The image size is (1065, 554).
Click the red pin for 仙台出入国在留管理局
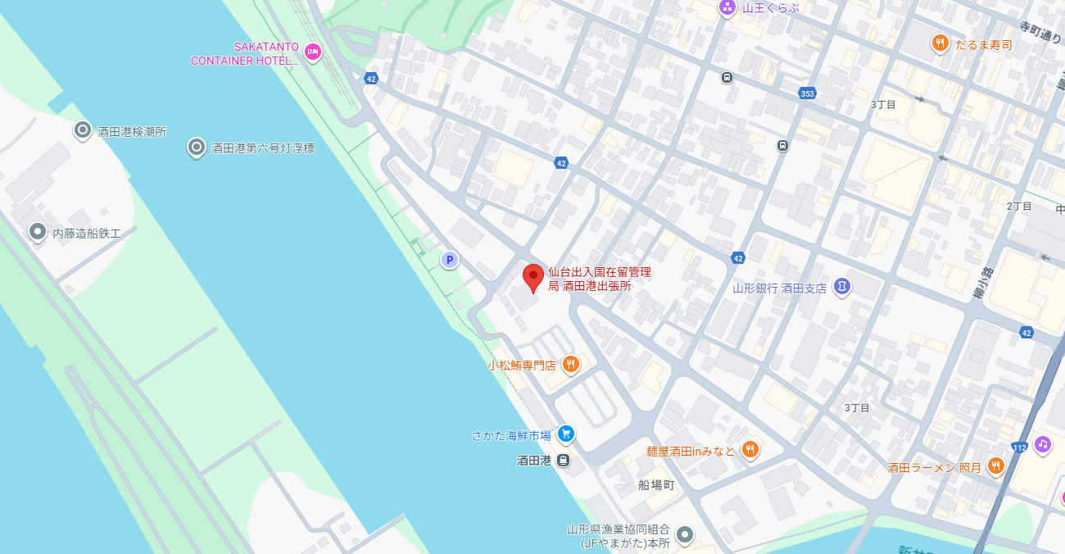[x=533, y=277]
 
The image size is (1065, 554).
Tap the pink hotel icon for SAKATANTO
[x=312, y=52]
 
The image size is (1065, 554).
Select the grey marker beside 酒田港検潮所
[x=82, y=130]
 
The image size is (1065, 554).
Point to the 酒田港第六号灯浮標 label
[x=262, y=148]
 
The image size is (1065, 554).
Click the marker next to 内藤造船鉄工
[x=37, y=233]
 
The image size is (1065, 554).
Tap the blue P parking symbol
[x=449, y=261]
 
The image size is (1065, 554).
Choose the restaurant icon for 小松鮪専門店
[x=571, y=364]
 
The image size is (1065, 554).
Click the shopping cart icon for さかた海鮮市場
[x=564, y=434]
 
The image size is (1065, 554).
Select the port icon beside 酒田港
[x=563, y=461]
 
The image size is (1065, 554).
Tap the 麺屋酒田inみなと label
[x=691, y=450]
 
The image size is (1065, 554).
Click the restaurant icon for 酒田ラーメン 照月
[x=995, y=466]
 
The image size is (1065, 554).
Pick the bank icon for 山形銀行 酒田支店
[x=841, y=287]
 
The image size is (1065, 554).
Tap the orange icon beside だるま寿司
[x=940, y=43]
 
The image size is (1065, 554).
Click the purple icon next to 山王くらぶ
[x=727, y=8]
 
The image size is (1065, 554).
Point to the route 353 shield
[x=807, y=93]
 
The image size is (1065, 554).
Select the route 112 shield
[x=1019, y=447]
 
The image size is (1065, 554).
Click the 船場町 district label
[x=656, y=484]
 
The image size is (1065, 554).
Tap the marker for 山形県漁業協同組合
[x=684, y=535]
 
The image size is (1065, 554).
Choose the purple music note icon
[x=1042, y=444]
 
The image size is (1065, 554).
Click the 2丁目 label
[x=1019, y=206]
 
